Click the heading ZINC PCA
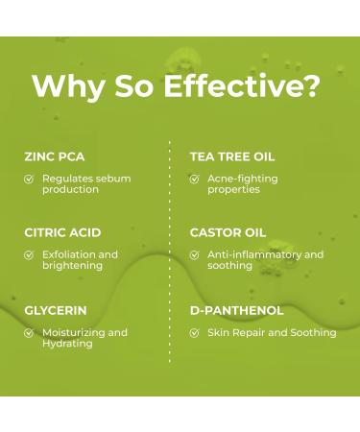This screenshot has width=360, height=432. click(53, 156)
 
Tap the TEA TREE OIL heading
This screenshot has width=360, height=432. click(232, 156)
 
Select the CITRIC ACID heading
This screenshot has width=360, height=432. click(62, 232)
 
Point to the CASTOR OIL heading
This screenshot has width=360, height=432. click(228, 232)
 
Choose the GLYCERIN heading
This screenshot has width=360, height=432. click(56, 310)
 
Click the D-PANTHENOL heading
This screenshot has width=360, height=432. click(236, 310)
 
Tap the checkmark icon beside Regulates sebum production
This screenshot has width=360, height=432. click(29, 179)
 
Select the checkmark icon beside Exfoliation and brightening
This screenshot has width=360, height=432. click(29, 255)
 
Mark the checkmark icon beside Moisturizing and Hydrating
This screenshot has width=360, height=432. click(29, 333)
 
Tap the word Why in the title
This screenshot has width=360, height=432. click(64, 85)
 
